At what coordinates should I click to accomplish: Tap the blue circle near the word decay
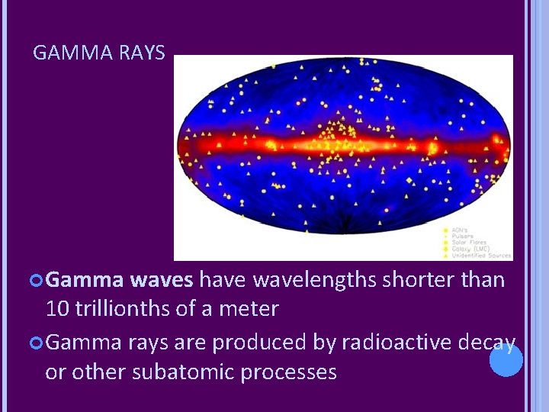point(506,360)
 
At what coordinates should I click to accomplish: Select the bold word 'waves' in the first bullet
point(161,280)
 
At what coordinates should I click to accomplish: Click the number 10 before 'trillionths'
point(57,309)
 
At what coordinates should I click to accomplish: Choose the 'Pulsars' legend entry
point(463,236)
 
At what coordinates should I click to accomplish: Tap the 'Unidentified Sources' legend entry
point(479,255)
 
